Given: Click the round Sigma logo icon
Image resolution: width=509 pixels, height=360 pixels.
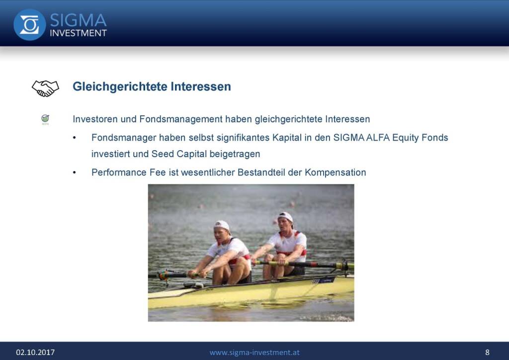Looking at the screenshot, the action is click(29, 25).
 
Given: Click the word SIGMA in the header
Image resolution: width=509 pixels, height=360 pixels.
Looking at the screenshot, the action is click(78, 20).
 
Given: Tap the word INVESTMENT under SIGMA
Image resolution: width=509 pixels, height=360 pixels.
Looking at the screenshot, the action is click(78, 33).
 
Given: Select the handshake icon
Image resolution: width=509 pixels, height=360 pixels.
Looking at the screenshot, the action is click(45, 89).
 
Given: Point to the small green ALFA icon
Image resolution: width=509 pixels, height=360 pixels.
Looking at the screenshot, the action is click(45, 119).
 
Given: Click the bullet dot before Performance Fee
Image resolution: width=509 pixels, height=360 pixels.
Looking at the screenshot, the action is click(75, 173).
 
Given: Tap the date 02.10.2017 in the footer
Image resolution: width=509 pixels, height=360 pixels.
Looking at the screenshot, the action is click(35, 352).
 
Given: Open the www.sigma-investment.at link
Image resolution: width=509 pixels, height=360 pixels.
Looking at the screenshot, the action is click(254, 352).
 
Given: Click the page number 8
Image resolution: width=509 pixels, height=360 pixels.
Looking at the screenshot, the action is click(487, 352).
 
